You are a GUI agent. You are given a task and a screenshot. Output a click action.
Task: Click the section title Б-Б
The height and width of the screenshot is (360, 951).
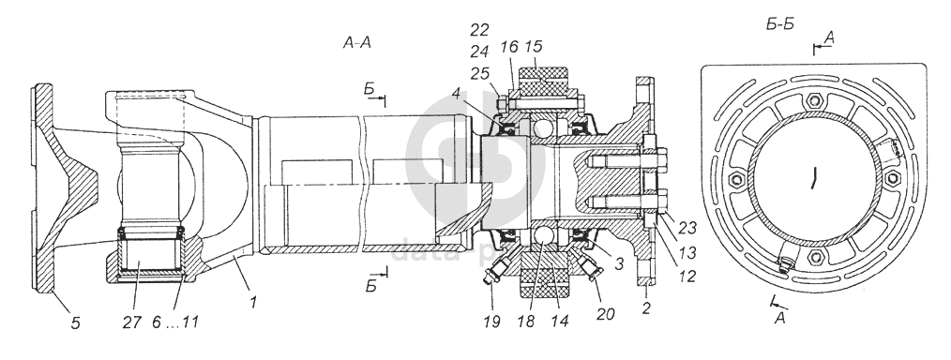tap(780, 24)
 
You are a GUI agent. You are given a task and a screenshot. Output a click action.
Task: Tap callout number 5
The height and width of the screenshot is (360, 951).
tap(75, 323)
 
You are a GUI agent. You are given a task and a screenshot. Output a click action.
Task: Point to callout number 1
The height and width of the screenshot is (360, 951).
tap(253, 301)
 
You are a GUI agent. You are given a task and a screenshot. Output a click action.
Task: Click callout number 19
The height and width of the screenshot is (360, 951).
tap(491, 321)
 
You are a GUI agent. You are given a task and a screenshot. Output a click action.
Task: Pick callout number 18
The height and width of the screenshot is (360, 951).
tap(526, 321)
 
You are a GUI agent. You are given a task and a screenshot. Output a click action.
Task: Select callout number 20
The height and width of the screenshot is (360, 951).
tap(605, 313)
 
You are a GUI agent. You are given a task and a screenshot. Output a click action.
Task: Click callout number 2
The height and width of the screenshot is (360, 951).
tap(646, 308)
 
